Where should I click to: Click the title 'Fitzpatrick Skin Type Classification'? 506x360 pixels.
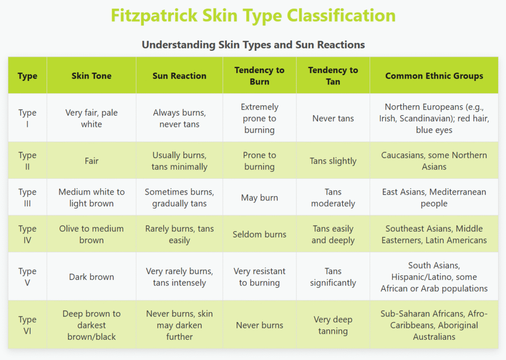click(x=253, y=15)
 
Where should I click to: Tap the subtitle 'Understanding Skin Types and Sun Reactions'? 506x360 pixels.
click(x=253, y=44)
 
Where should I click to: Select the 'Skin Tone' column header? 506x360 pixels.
click(x=91, y=76)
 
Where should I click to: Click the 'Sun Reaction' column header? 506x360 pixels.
click(x=179, y=76)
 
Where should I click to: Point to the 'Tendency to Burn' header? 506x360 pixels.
click(x=259, y=76)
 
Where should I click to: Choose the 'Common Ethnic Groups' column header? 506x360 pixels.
click(x=434, y=76)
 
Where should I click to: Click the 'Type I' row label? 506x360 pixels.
click(x=28, y=118)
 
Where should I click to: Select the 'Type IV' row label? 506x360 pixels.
click(x=28, y=234)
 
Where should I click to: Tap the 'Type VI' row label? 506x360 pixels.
click(x=28, y=325)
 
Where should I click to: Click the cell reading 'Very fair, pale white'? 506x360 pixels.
click(x=91, y=118)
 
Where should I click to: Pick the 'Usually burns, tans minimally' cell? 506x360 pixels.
click(x=179, y=160)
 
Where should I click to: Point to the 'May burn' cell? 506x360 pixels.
click(x=259, y=198)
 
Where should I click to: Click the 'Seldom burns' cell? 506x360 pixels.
click(x=259, y=234)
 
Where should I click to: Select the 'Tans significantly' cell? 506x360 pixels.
click(x=333, y=277)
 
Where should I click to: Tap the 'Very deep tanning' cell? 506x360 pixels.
click(x=333, y=325)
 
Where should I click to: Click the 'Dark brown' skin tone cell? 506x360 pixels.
click(x=91, y=277)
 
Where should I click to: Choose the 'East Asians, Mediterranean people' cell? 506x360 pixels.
click(x=434, y=198)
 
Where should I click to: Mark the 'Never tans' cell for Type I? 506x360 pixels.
click(x=333, y=119)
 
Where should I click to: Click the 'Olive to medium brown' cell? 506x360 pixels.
click(x=91, y=234)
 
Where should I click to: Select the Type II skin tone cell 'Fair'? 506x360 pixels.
click(x=91, y=160)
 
